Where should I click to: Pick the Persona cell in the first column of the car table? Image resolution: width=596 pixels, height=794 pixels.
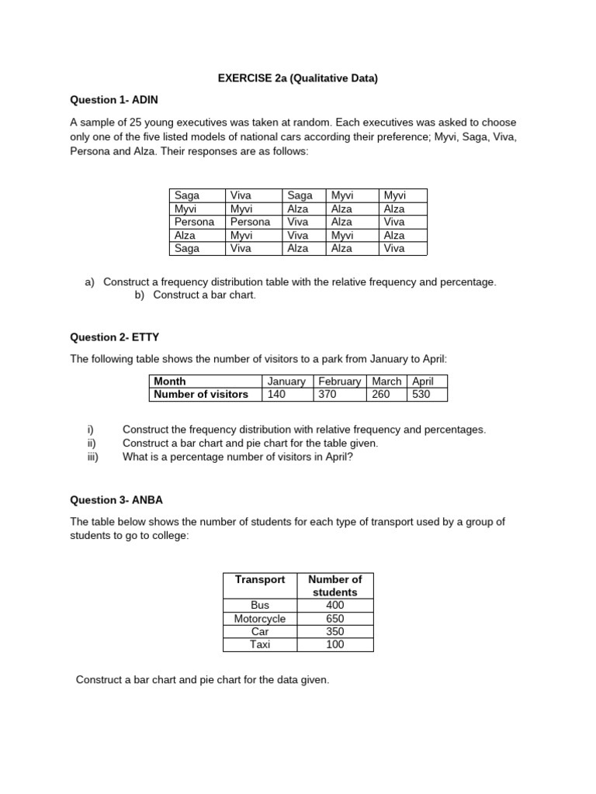194,222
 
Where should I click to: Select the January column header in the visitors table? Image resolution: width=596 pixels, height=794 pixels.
286,381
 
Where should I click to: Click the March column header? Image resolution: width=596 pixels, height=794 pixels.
386,381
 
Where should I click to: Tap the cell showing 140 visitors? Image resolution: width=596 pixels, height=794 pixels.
276,394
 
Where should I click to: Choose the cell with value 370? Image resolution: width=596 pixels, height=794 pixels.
327,394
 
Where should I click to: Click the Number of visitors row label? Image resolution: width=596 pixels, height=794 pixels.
201,394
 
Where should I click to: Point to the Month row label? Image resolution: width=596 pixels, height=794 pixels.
170,381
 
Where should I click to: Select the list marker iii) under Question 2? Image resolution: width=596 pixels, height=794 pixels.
94,457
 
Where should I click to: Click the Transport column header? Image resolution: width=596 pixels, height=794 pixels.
260,579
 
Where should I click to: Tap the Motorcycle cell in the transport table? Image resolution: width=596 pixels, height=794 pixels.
260,619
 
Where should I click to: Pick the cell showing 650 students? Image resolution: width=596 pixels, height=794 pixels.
335,619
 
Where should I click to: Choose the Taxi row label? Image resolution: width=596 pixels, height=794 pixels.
260,644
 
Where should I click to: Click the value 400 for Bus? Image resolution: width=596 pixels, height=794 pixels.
335,605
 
